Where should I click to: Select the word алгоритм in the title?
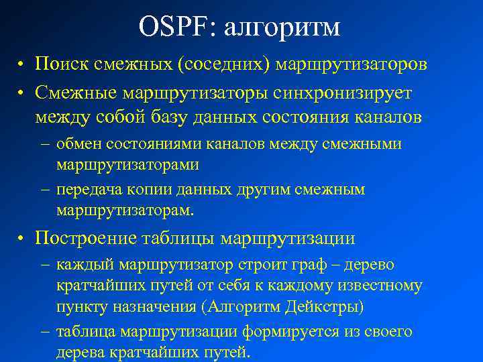point(282,28)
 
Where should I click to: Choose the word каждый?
point(82,265)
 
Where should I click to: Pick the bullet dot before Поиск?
point(22,65)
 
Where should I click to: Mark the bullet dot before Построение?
point(22,239)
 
